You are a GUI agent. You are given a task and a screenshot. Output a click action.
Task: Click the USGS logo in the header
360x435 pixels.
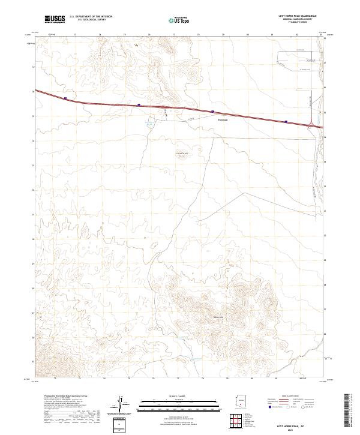pos(55,19)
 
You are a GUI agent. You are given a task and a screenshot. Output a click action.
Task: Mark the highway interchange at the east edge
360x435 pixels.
pos(313,124)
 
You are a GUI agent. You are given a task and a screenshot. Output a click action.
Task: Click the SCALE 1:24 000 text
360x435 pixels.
pos(180,397)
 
